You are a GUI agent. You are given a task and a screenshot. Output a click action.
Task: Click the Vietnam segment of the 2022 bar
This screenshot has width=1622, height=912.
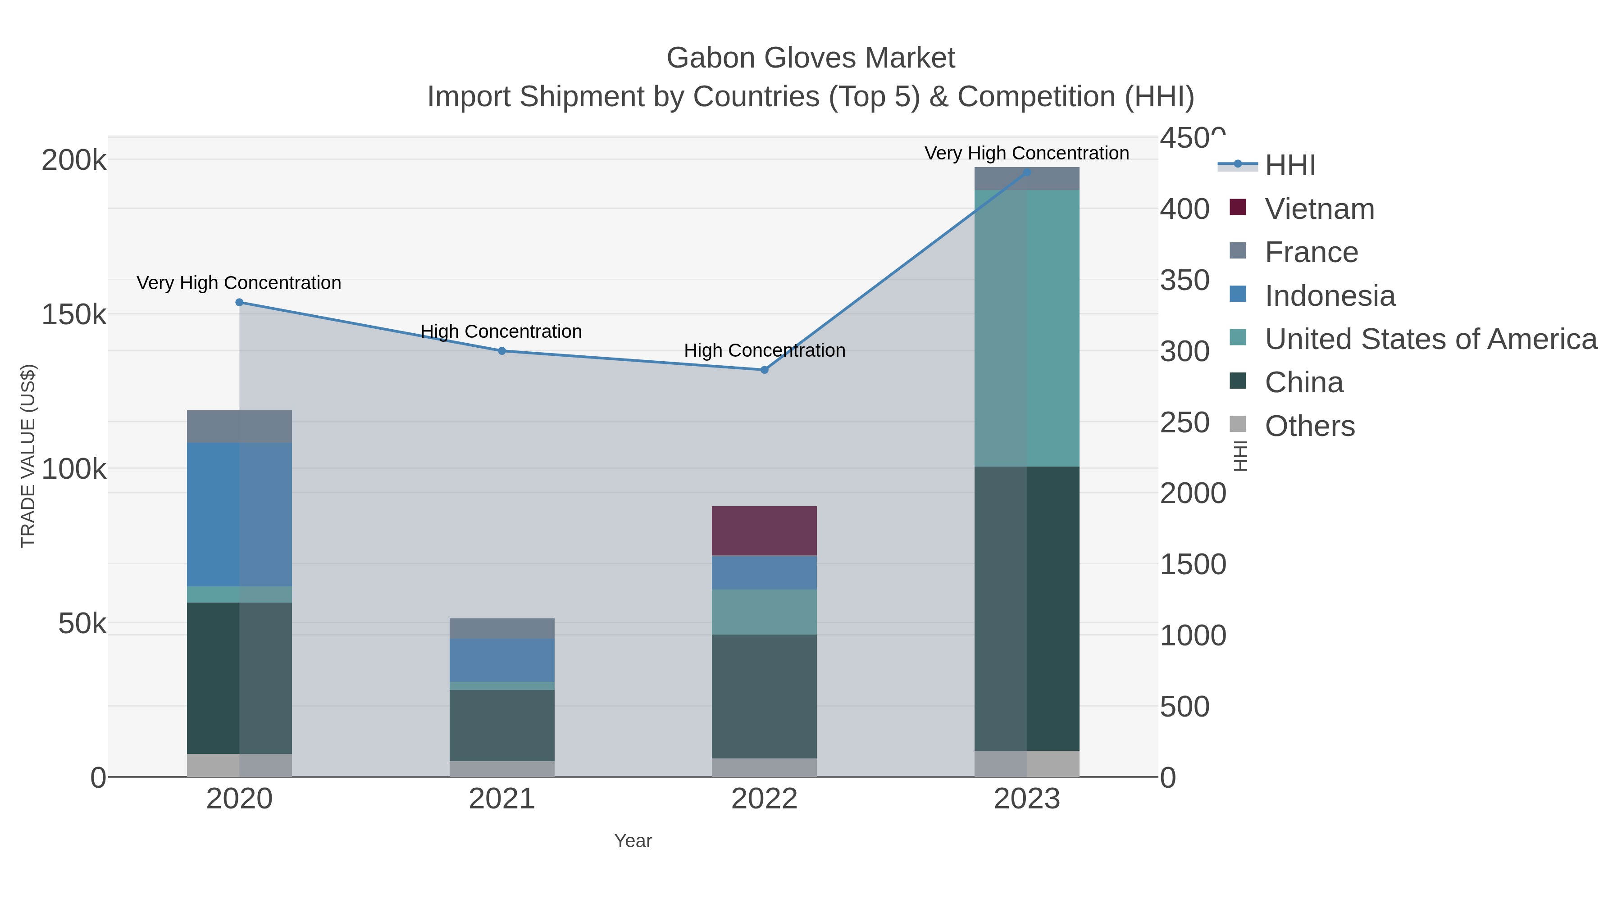764,531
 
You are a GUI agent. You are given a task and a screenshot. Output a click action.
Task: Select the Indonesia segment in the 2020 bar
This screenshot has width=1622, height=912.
239,514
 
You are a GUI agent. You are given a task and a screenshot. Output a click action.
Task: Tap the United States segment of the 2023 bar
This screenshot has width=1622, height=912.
1026,328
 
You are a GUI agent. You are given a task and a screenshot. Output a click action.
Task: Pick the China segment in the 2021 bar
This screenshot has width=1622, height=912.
502,725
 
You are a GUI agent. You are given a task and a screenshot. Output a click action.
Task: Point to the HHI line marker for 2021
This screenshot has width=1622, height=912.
502,350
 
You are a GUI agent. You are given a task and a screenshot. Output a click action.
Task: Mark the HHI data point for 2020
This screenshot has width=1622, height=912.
239,302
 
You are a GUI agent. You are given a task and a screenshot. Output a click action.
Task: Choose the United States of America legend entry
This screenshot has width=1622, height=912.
1429,339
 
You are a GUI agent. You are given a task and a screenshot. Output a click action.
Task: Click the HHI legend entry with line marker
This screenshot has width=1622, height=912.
1289,165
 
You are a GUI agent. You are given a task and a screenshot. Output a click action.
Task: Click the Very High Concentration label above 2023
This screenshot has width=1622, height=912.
1026,153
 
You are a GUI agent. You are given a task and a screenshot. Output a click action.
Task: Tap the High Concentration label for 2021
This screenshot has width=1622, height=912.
501,331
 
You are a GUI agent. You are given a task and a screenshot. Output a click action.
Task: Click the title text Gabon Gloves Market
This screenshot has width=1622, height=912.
811,58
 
